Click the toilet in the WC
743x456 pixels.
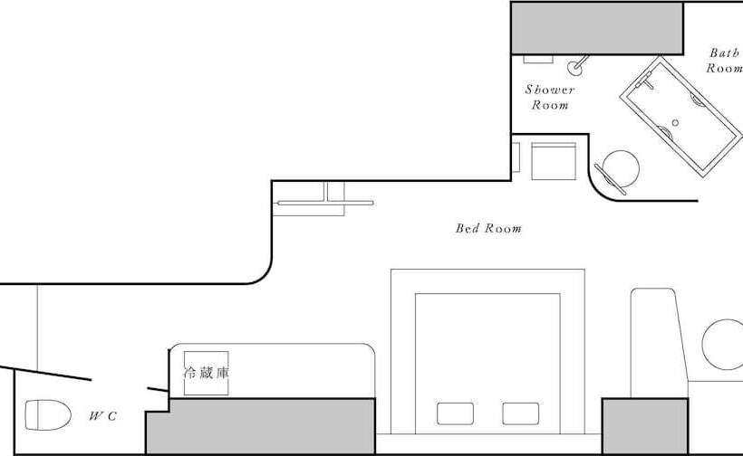(x=48, y=415)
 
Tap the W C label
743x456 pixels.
(x=102, y=416)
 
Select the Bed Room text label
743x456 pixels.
(x=488, y=229)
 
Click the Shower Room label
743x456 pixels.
(x=550, y=97)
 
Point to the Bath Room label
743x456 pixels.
(x=725, y=60)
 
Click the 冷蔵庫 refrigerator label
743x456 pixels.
(x=206, y=373)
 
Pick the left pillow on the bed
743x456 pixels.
(x=456, y=413)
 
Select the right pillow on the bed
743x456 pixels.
(x=521, y=413)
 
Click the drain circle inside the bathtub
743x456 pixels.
(x=675, y=123)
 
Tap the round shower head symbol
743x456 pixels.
(x=574, y=68)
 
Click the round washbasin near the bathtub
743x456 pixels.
(x=621, y=169)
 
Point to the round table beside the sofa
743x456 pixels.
(x=724, y=345)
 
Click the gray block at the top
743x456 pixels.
(x=597, y=28)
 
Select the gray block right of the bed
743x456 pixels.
(x=645, y=426)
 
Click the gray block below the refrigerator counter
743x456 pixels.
(x=261, y=426)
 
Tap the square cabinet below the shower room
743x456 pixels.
(x=554, y=161)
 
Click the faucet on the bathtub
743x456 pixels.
(x=645, y=81)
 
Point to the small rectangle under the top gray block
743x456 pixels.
(x=538, y=59)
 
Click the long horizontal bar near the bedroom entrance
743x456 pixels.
(x=325, y=203)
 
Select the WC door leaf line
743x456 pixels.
(x=45, y=374)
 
